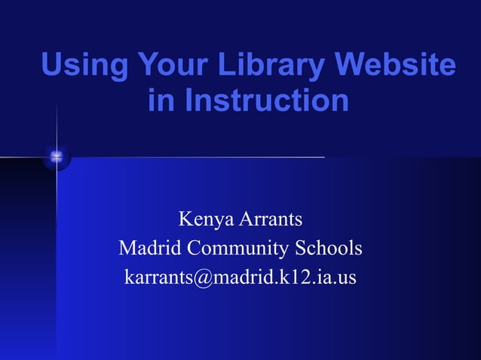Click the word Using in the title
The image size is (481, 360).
(x=83, y=66)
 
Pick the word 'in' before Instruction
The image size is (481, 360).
(x=161, y=101)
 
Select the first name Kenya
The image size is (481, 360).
(x=205, y=220)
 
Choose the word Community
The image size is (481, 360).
(x=236, y=248)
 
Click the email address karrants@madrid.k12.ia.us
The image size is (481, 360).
(x=240, y=277)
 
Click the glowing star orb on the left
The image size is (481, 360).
(x=57, y=157)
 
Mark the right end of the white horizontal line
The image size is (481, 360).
(x=323, y=157)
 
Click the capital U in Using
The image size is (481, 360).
(x=51, y=66)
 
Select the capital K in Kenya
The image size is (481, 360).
(x=185, y=220)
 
